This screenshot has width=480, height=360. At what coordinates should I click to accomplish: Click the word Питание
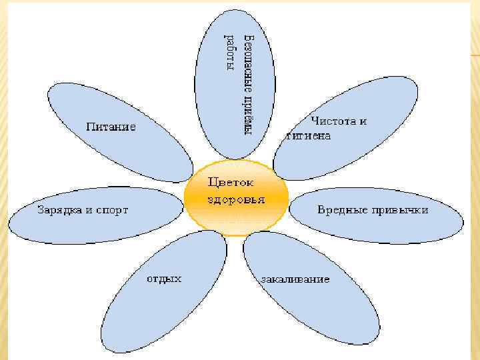click(111, 126)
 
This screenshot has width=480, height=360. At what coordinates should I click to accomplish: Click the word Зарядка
click(57, 210)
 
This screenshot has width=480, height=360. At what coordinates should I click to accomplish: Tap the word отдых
click(164, 278)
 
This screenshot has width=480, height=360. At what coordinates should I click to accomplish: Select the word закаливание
click(296, 279)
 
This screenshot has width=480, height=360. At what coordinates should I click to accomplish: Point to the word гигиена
click(308, 135)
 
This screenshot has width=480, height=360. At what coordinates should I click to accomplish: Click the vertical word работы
click(230, 53)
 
